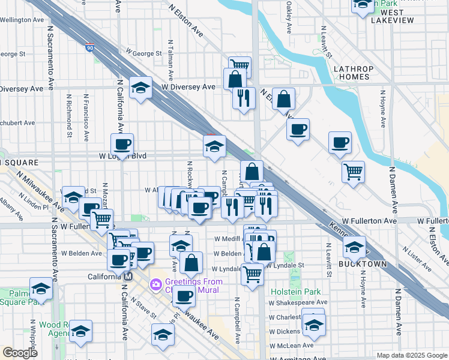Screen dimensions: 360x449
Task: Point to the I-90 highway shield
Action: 89,47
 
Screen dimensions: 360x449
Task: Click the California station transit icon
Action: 127,277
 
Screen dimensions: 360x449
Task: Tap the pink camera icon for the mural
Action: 155,283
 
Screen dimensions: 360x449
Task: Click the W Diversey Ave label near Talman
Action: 188,86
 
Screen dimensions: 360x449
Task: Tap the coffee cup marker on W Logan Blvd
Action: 122,144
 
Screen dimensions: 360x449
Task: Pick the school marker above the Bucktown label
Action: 355,247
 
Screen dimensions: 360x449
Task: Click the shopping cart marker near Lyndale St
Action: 253,274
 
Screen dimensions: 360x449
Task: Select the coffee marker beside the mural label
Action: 185,296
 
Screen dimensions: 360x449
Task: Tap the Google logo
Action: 20,353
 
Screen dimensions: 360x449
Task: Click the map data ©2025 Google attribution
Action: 411,355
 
